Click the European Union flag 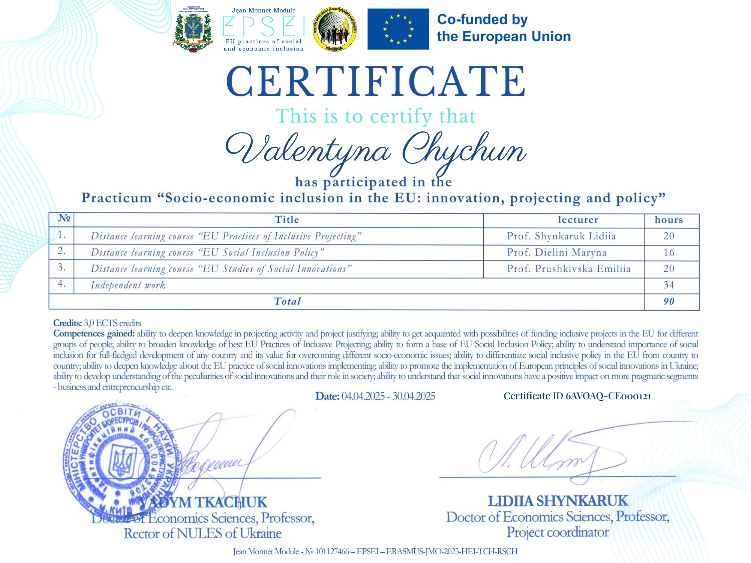[x=398, y=29]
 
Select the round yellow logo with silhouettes [x=334, y=29]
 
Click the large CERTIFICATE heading [x=375, y=81]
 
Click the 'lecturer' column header [x=578, y=220]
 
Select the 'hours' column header [x=669, y=220]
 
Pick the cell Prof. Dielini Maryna [x=557, y=252]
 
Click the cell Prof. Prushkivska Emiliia [x=569, y=269]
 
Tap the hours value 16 [x=669, y=252]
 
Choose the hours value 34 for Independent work [x=669, y=285]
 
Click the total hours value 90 [x=669, y=302]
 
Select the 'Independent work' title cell [x=128, y=285]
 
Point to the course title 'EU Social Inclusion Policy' [x=261, y=252]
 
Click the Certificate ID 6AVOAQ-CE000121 [x=577, y=396]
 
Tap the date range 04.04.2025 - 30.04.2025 [x=388, y=396]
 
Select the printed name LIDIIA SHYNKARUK [x=558, y=501]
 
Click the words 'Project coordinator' [x=558, y=532]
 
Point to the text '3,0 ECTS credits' [x=112, y=323]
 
